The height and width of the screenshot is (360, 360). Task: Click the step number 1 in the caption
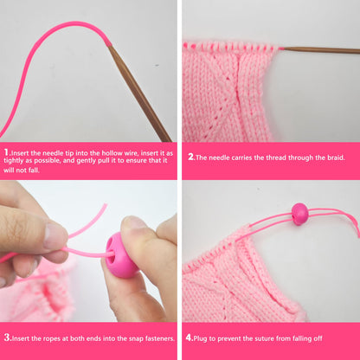click(6, 152)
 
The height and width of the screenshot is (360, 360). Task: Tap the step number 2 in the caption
click(190, 157)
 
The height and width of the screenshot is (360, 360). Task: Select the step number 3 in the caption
click(7, 337)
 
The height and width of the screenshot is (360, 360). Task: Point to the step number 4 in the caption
click(189, 337)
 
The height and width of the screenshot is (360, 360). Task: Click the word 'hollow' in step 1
click(112, 153)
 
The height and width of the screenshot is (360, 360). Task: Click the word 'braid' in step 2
click(336, 157)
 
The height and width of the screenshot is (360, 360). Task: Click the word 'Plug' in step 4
click(201, 338)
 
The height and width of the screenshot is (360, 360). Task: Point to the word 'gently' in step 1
click(86, 161)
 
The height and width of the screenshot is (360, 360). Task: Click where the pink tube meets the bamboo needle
click(109, 46)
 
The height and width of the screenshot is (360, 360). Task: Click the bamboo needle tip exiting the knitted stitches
click(281, 48)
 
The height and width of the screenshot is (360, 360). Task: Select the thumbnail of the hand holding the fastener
click(132, 223)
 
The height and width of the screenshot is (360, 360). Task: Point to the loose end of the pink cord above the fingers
click(106, 205)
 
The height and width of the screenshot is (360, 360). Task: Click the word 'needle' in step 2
click(219, 157)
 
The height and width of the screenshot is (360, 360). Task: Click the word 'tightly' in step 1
click(14, 161)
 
